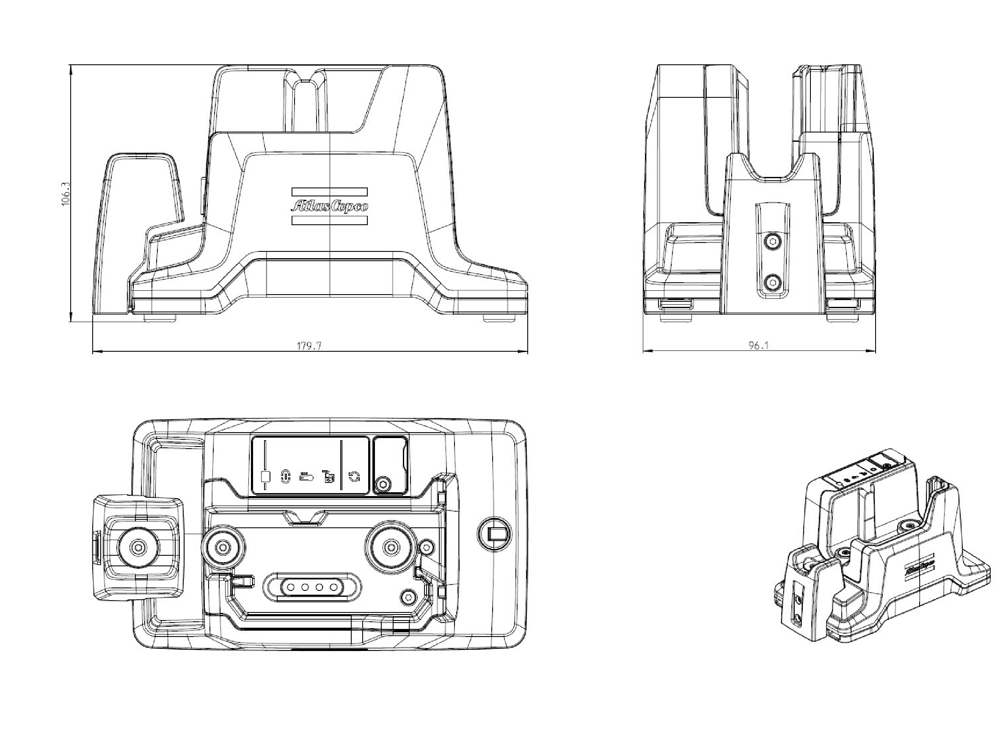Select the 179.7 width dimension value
pyautogui.click(x=309, y=346)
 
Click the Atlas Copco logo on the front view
pyautogui.click(x=330, y=206)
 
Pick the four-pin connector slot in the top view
pyautogui.click(x=312, y=588)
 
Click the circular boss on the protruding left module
pyautogui.click(x=138, y=547)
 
